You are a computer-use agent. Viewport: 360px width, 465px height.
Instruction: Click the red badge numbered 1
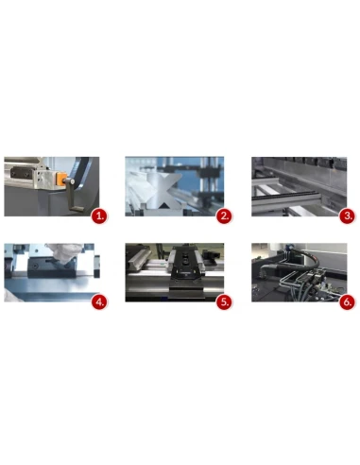(x=98, y=215)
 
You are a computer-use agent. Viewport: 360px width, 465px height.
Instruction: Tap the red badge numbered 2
(x=224, y=215)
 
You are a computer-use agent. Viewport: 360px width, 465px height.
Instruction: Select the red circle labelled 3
(x=348, y=215)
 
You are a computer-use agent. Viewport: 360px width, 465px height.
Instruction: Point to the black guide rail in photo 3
(x=302, y=195)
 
